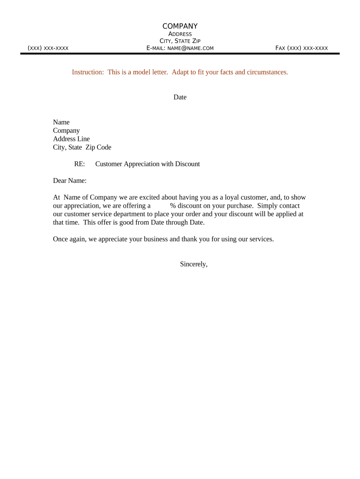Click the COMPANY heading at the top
[x=180, y=26]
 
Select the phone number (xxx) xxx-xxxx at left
[x=48, y=48]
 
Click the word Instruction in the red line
[x=87, y=72]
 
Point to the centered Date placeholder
[x=180, y=97]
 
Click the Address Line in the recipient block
[x=71, y=139]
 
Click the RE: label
[x=79, y=164]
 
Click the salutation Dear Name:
[x=70, y=181]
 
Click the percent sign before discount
[x=173, y=206]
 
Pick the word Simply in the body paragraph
[x=267, y=206]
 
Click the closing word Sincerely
[x=193, y=264]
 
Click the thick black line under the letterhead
[x=180, y=54]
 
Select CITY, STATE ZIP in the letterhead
[x=180, y=41]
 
